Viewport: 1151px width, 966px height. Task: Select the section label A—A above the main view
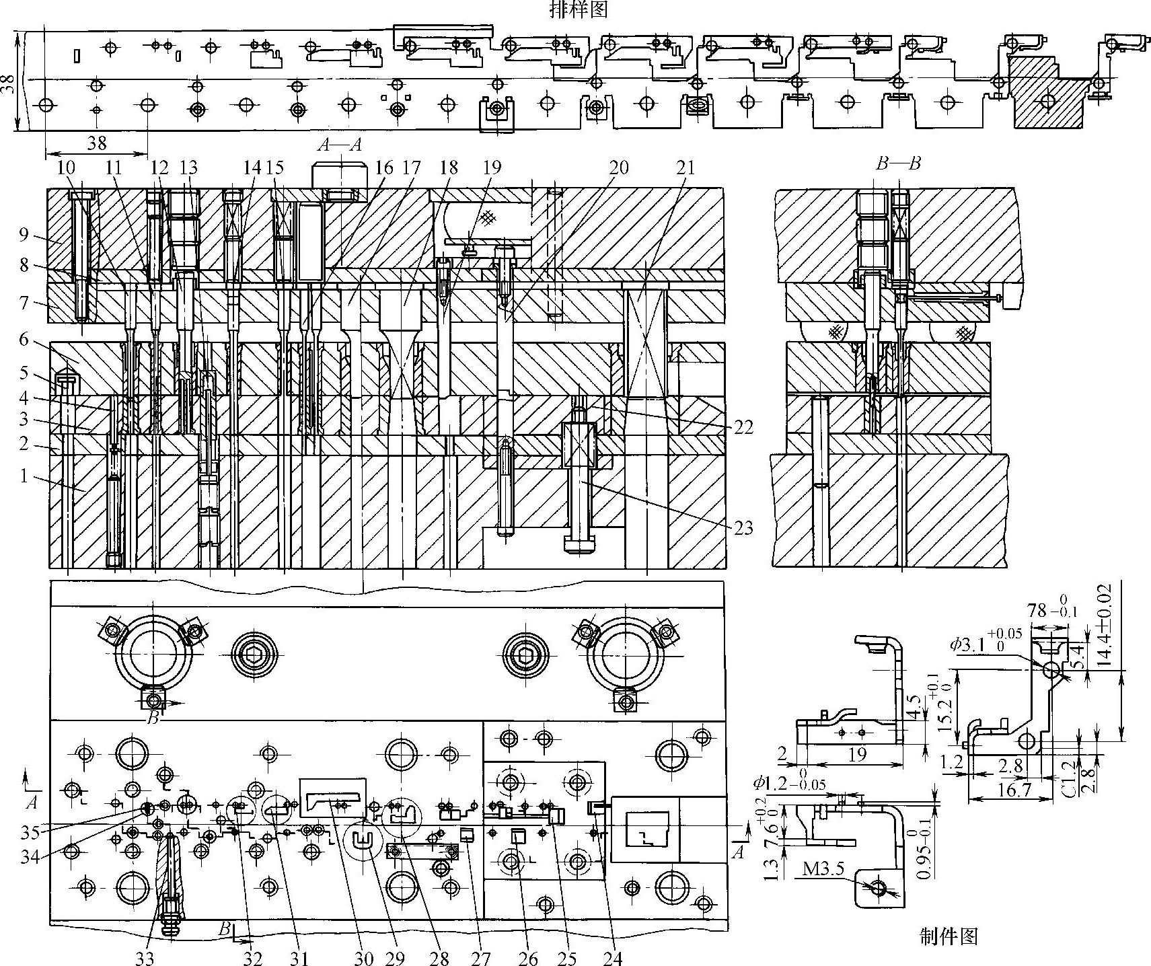coord(340,144)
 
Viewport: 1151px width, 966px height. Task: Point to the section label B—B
coord(898,163)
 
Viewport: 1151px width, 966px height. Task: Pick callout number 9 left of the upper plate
coord(24,236)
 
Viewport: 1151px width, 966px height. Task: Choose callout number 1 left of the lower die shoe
coord(24,476)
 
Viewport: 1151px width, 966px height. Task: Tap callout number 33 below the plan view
coord(145,957)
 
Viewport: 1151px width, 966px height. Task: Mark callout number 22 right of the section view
coord(743,427)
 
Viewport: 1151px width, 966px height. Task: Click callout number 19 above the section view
coord(492,166)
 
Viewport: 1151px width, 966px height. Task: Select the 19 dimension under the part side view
coord(856,755)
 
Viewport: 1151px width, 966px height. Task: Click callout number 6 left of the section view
coord(24,340)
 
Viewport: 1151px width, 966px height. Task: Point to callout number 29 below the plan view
coord(400,957)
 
